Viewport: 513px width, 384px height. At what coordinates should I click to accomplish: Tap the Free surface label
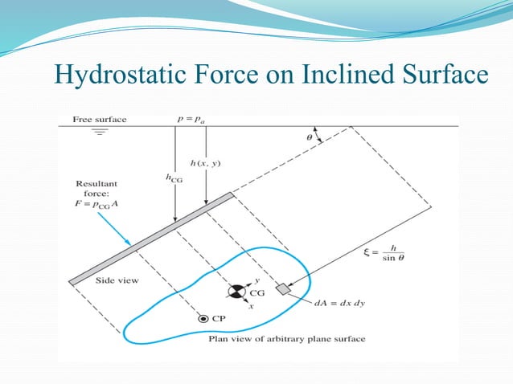pyautogui.click(x=100, y=120)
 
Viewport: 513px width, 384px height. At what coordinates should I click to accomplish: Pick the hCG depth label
pyautogui.click(x=173, y=180)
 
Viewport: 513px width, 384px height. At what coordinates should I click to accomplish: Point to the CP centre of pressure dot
pyautogui.click(x=203, y=319)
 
